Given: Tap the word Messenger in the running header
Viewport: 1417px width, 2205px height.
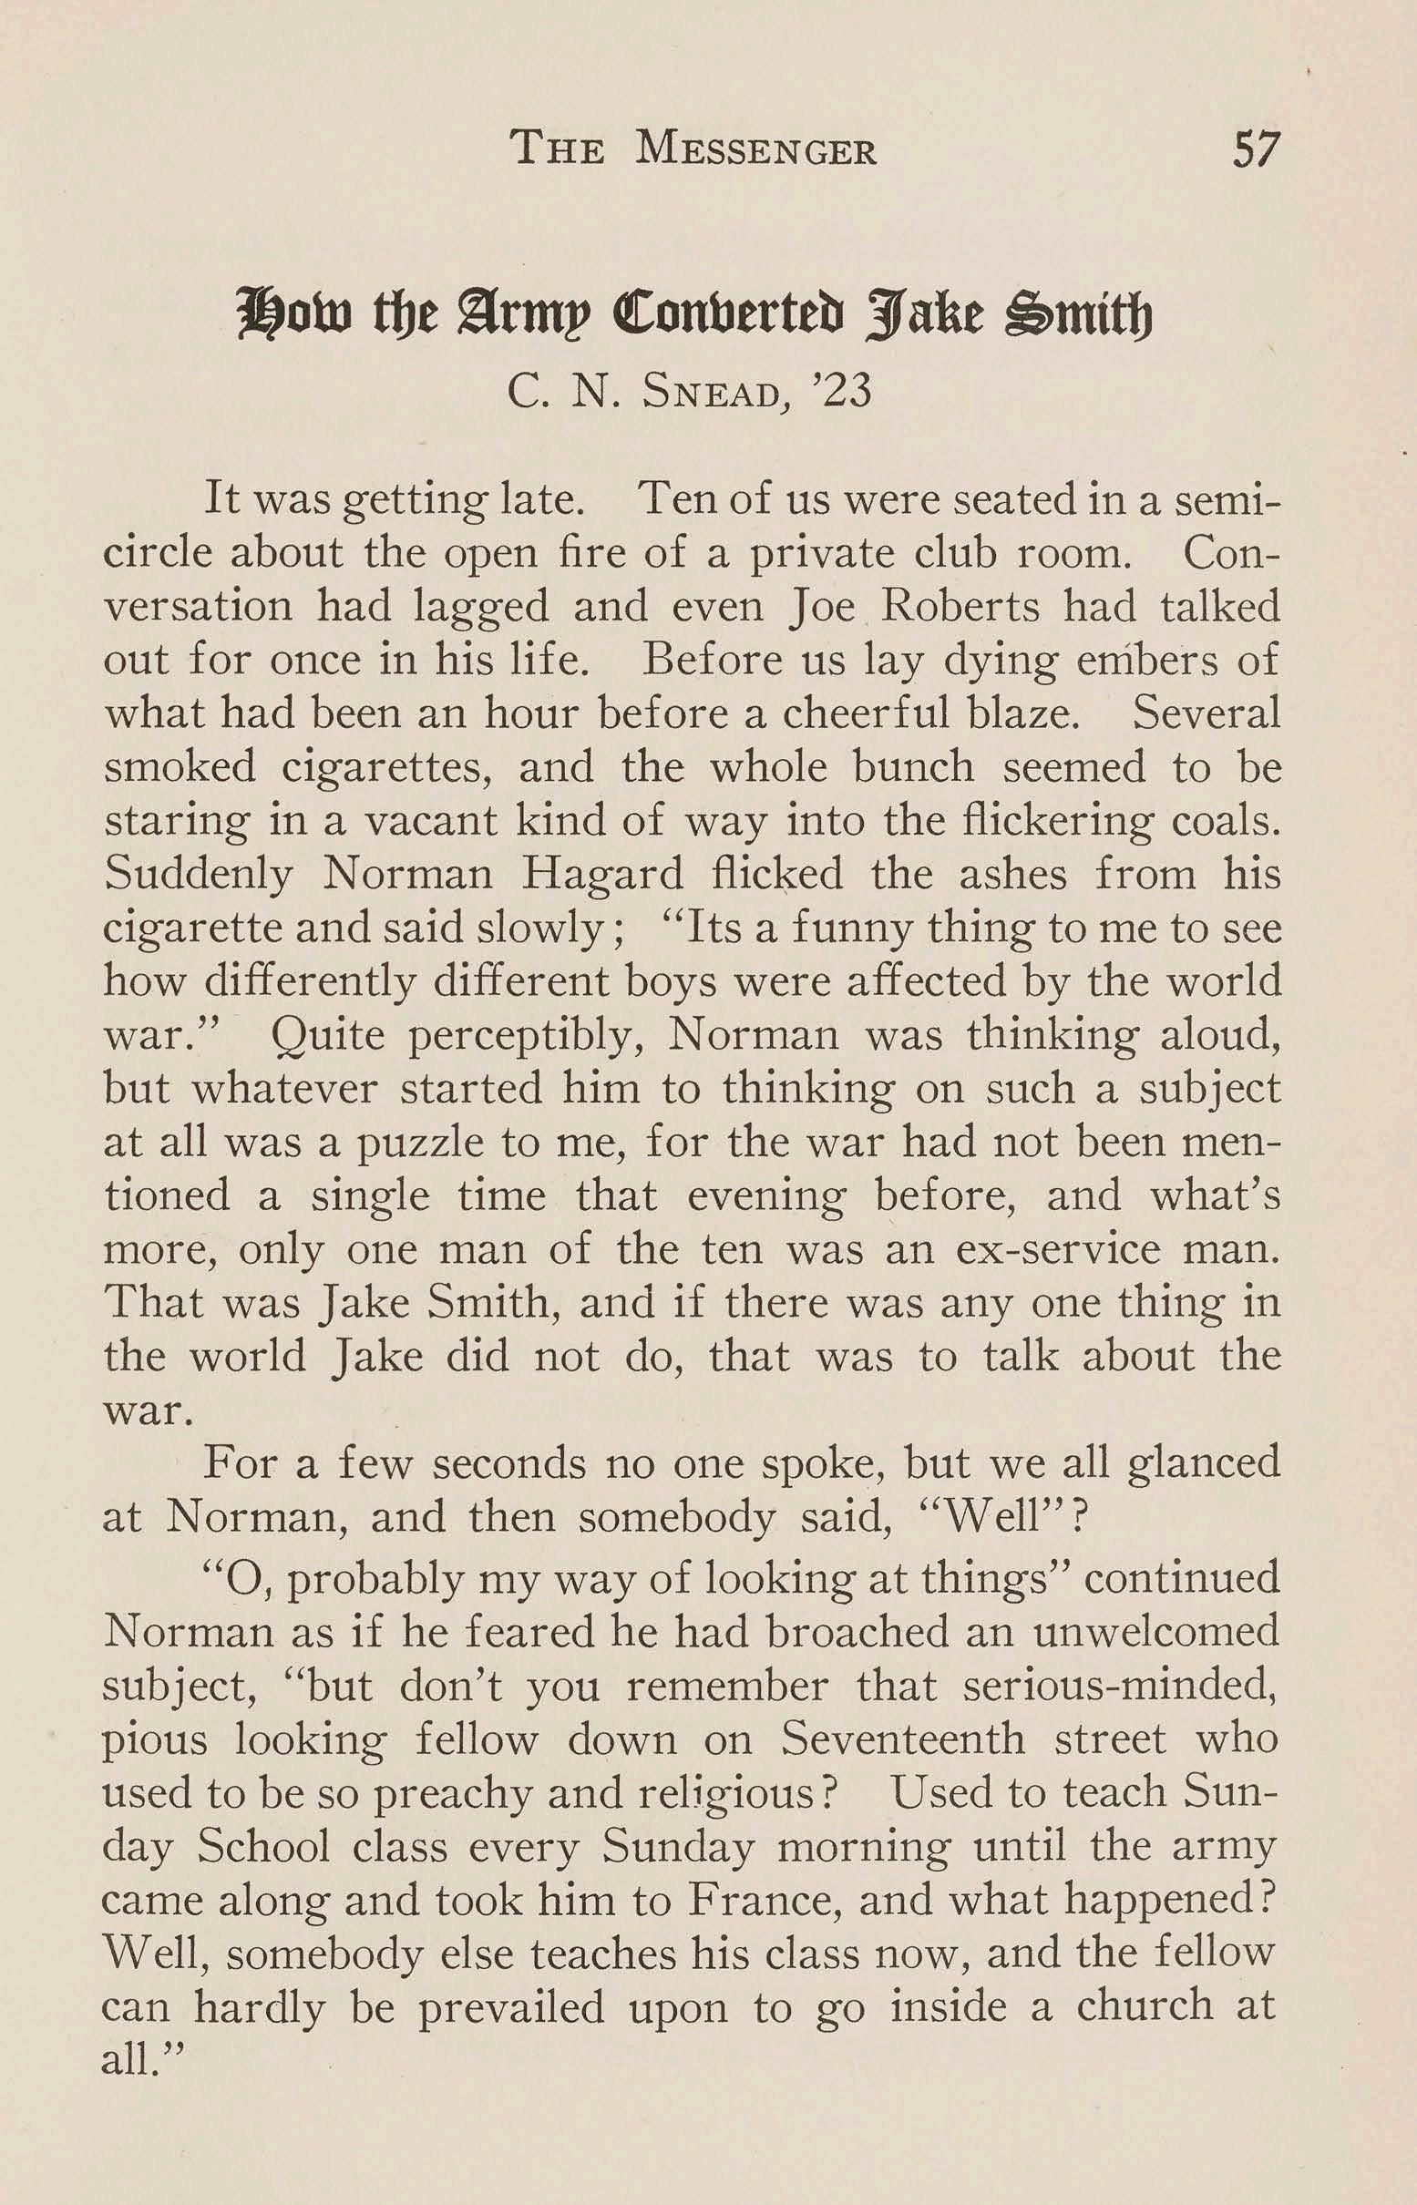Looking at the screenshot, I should coord(755,150).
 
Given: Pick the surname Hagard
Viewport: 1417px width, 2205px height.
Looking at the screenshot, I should coord(602,874).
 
